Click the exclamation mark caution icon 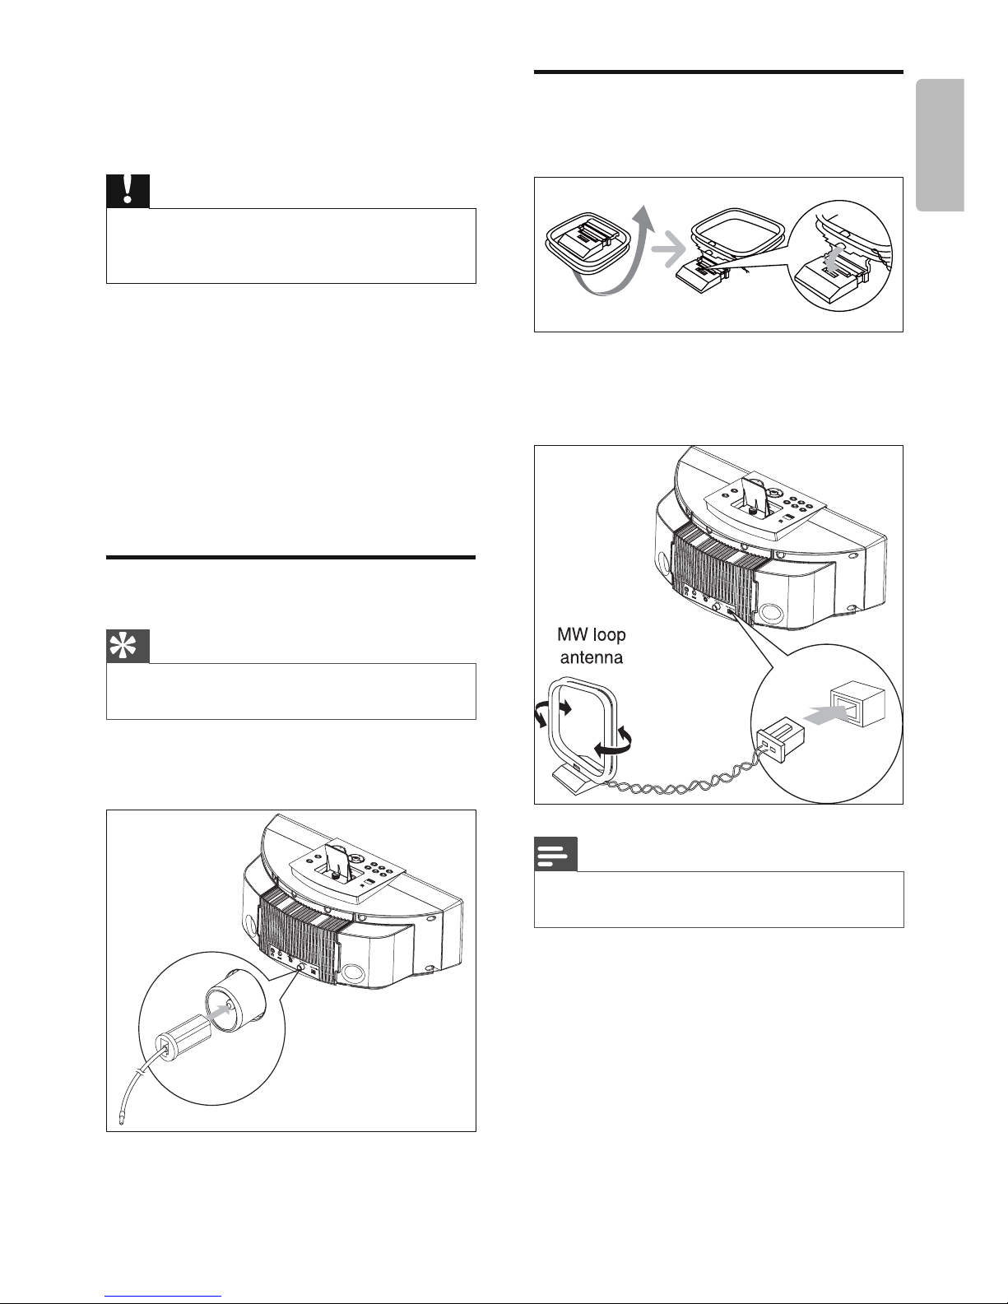point(128,192)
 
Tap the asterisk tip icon point(128,647)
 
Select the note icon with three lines point(555,854)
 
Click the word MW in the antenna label point(571,634)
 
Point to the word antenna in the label point(592,657)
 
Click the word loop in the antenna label point(608,635)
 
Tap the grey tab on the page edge point(941,146)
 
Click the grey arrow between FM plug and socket point(220,1012)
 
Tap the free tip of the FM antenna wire point(122,1122)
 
